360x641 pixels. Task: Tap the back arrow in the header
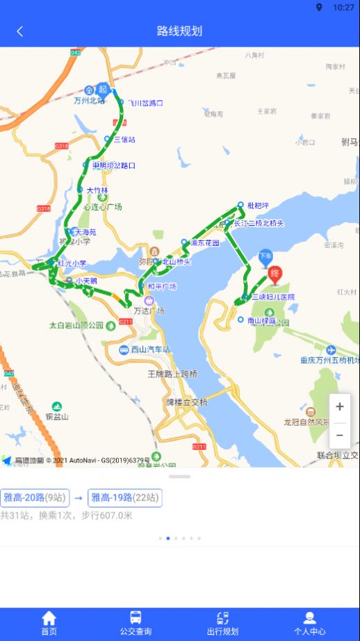(x=19, y=31)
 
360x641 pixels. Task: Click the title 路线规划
(x=180, y=31)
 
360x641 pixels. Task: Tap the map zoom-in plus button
(x=339, y=407)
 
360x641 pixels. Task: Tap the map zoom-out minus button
(x=339, y=435)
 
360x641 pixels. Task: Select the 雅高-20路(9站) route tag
(x=35, y=497)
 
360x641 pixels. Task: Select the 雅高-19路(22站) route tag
(x=125, y=497)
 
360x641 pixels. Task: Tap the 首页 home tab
(x=49, y=623)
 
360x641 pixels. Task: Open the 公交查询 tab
(x=136, y=623)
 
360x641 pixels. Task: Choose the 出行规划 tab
(x=222, y=623)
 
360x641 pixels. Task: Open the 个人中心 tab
(x=309, y=623)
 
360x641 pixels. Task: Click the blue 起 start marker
(x=104, y=89)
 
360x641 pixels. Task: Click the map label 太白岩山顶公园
(x=76, y=325)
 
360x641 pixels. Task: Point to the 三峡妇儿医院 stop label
(x=272, y=297)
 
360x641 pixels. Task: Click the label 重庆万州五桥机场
(x=329, y=360)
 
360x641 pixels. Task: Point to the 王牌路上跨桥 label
(x=172, y=374)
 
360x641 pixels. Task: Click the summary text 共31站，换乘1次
(x=42, y=515)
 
